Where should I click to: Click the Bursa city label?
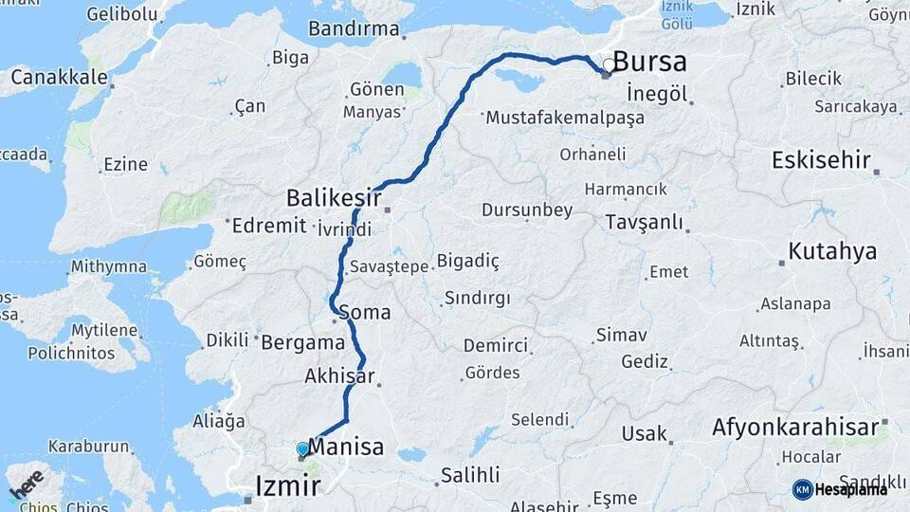[x=650, y=63]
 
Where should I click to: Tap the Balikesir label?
[x=334, y=198]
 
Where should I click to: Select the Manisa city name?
[x=346, y=447]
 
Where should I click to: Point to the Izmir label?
[x=288, y=487]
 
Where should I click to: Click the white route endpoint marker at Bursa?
[x=609, y=65]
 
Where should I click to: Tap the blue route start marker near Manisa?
[x=302, y=448]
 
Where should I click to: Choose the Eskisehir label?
[x=821, y=159]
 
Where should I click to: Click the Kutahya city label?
[x=833, y=251]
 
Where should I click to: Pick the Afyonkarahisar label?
[x=795, y=428]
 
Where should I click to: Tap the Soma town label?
[x=364, y=312]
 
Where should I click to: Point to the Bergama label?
[x=301, y=341]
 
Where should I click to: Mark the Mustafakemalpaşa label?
[x=565, y=119]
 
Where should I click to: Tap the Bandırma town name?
[x=354, y=28]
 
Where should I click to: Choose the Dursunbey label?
[x=527, y=210]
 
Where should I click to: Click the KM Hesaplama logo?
[x=840, y=489]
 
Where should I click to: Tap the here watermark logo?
[x=26, y=485]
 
